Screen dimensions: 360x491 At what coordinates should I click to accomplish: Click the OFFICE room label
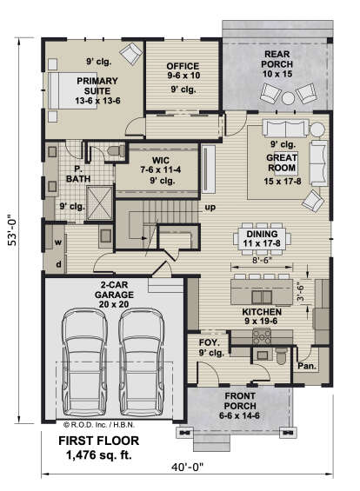click(183, 66)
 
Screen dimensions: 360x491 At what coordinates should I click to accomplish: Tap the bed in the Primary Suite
click(73, 90)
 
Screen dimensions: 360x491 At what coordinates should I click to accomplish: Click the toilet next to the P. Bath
click(117, 150)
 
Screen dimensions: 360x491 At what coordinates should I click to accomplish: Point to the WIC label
click(160, 161)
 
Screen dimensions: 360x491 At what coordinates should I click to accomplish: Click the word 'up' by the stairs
click(210, 207)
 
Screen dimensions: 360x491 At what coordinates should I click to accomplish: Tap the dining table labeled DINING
click(262, 239)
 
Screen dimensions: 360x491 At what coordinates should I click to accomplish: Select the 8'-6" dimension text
click(261, 260)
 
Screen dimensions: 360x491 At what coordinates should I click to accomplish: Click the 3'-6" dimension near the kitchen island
click(301, 292)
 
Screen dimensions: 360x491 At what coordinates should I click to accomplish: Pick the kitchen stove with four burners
click(262, 337)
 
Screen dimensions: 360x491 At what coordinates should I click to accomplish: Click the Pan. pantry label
click(307, 366)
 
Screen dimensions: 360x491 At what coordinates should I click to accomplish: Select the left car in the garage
click(84, 362)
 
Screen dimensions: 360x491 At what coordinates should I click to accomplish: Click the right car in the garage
click(142, 362)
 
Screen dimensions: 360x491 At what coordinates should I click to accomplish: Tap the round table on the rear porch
click(288, 98)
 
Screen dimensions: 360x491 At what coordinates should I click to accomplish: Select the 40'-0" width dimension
click(187, 468)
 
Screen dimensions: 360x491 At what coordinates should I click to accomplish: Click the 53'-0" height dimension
click(11, 231)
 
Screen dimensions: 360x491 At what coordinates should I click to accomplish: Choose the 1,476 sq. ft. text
click(98, 455)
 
